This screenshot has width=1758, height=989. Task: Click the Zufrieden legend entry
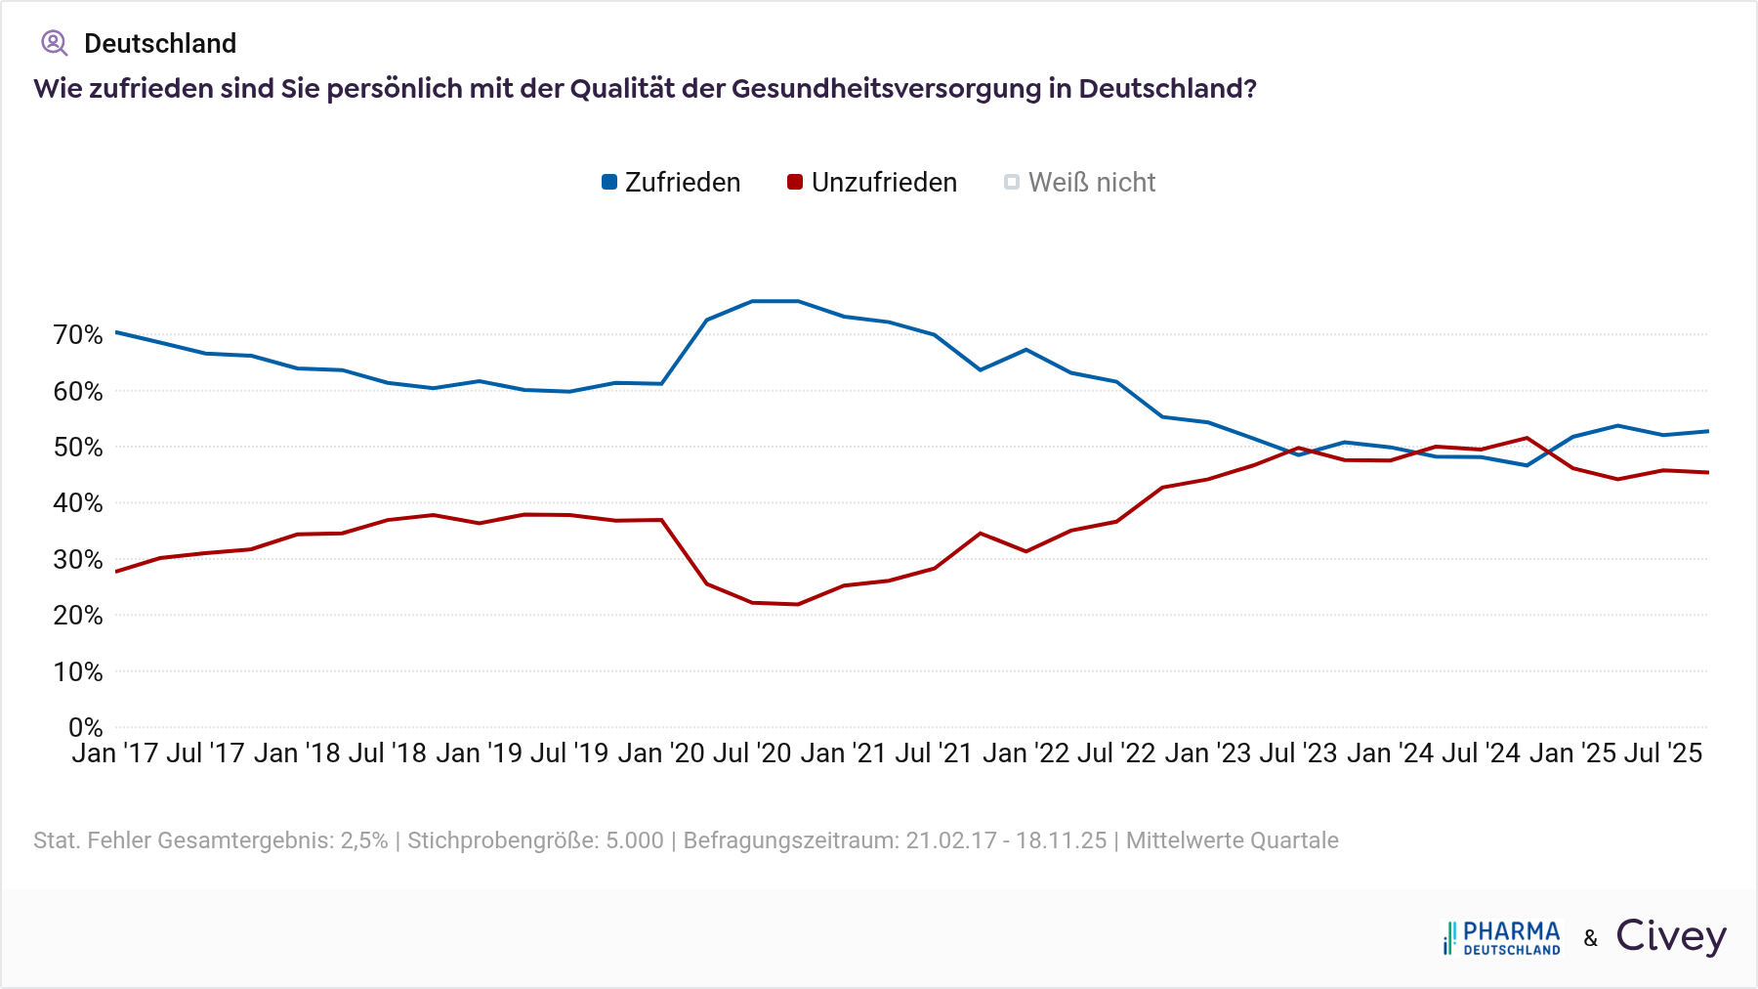671,183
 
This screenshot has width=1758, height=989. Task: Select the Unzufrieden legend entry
872,183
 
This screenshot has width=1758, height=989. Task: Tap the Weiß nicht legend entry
1080,183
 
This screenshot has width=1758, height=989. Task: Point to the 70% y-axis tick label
78,335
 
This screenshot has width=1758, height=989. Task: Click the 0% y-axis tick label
86,728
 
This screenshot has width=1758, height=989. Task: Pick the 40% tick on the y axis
78,503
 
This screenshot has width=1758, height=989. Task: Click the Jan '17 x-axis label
115,753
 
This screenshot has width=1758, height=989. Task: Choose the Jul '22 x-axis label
1116,753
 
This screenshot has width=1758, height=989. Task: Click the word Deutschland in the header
160,44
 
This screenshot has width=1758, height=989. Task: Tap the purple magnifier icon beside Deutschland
54,43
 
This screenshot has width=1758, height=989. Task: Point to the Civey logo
1671,936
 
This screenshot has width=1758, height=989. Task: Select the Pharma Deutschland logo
1502,937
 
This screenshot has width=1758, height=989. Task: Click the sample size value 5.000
634,840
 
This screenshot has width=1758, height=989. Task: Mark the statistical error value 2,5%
363,840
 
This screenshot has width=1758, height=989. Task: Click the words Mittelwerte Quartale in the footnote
1232,840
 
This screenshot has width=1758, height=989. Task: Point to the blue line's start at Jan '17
116,332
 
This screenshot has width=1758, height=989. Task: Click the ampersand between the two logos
1591,939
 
